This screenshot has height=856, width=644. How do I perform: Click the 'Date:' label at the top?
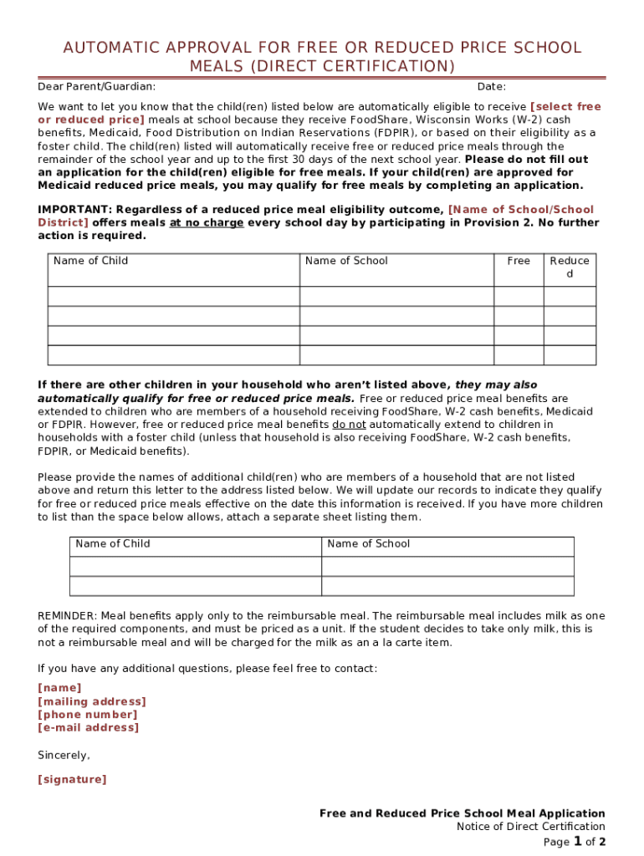point(491,87)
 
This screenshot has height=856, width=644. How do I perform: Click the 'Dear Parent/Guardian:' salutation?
point(96,87)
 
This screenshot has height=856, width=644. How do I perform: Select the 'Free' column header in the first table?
point(519,261)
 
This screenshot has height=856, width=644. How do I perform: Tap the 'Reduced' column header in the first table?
point(570,267)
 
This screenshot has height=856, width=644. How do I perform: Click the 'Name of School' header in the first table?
point(346,261)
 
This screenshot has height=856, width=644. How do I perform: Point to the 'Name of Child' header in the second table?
point(113,543)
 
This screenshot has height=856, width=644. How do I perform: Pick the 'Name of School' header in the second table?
point(368,543)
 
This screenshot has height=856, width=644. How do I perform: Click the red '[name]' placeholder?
point(59,688)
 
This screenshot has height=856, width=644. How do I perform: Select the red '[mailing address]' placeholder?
point(92,701)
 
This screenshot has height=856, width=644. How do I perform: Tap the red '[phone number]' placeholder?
point(88,715)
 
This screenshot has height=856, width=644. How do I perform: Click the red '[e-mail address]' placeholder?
point(89,727)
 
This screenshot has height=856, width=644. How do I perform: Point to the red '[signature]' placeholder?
point(72,780)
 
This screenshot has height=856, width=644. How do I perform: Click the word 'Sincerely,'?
point(64,755)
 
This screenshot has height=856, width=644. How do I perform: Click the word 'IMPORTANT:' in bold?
point(75,210)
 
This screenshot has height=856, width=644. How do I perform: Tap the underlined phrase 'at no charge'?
point(207,223)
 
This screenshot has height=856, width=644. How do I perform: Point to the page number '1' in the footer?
point(577,841)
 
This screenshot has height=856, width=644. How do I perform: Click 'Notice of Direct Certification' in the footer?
point(530,827)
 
